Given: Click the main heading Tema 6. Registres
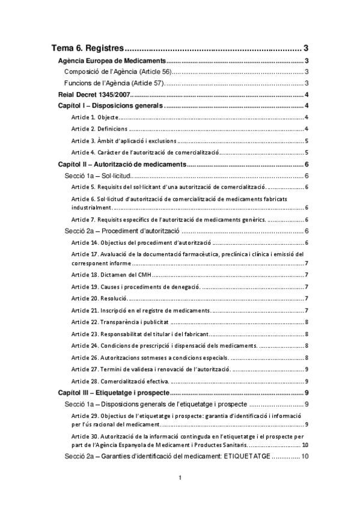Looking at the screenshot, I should coord(88,48).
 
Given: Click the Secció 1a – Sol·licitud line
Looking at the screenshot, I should coord(97,176).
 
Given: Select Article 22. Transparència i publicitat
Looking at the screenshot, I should coord(118,322).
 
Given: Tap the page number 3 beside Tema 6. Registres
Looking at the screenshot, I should coord(306,48).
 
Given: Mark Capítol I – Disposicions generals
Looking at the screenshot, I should coord(110,106).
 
